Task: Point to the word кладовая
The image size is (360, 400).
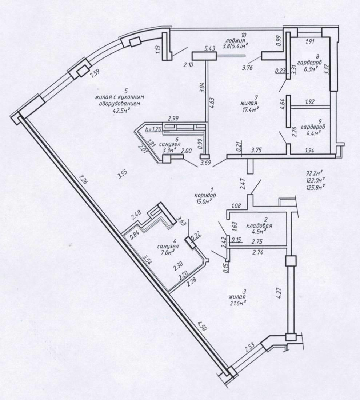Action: point(259,225)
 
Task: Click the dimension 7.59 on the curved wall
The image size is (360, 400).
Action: point(94,72)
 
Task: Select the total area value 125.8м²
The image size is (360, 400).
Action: point(316,187)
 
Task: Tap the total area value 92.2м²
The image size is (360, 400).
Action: point(315,174)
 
